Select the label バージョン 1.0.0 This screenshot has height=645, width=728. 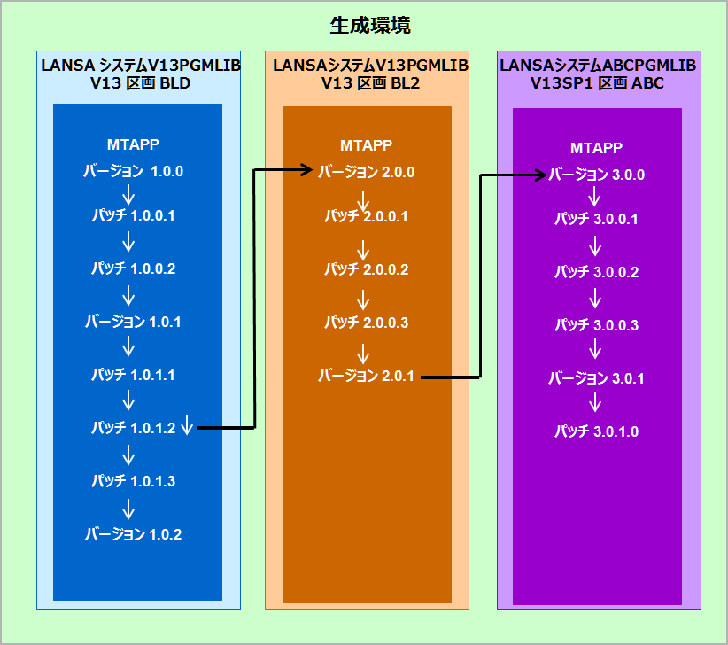click(134, 171)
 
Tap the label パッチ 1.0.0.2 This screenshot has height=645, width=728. click(134, 268)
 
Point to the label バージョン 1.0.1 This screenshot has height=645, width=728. click(134, 322)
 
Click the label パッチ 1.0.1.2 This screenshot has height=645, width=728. click(134, 428)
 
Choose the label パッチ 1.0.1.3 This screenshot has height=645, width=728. click(134, 481)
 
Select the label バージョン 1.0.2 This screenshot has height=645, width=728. click(134, 534)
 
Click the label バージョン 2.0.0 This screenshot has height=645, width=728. click(367, 171)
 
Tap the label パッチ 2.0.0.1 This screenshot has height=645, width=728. click(367, 215)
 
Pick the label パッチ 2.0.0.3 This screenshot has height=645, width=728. click(367, 322)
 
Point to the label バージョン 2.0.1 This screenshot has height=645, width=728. click(367, 377)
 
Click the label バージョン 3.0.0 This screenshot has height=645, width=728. click(596, 175)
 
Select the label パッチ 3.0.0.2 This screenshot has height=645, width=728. click(596, 272)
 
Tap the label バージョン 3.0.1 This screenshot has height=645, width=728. click(596, 378)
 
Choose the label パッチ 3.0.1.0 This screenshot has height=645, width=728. click(596, 431)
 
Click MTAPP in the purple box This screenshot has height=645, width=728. click(596, 148)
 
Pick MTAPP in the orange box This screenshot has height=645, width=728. click(366, 145)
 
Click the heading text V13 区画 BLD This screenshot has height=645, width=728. click(140, 83)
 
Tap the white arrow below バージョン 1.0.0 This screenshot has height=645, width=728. click(128, 194)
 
